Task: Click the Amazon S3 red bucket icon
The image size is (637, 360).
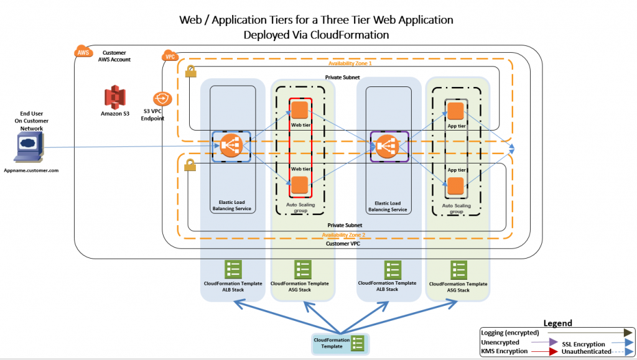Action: [115, 97]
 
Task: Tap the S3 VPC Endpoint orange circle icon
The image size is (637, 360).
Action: [162, 99]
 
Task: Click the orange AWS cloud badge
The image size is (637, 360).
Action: [83, 52]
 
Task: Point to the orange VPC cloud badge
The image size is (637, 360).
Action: [170, 55]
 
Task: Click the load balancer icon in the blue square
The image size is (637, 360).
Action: [231, 146]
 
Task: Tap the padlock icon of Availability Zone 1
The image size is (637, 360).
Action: [190, 72]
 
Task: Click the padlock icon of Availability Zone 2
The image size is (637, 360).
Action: [190, 165]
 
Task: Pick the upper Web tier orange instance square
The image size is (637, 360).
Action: [300, 111]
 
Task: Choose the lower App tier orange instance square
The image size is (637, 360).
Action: [455, 187]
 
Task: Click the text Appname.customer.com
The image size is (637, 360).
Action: [31, 170]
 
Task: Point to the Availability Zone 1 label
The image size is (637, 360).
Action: [350, 63]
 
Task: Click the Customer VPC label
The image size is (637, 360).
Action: [343, 244]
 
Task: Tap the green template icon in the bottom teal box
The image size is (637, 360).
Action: [358, 343]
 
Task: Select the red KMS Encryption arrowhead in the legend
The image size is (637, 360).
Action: [553, 351]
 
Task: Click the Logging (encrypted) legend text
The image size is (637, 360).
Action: [510, 333]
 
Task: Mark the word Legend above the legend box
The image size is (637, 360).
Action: [558, 323]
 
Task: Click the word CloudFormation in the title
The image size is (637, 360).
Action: [350, 35]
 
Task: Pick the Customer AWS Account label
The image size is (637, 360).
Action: [114, 56]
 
